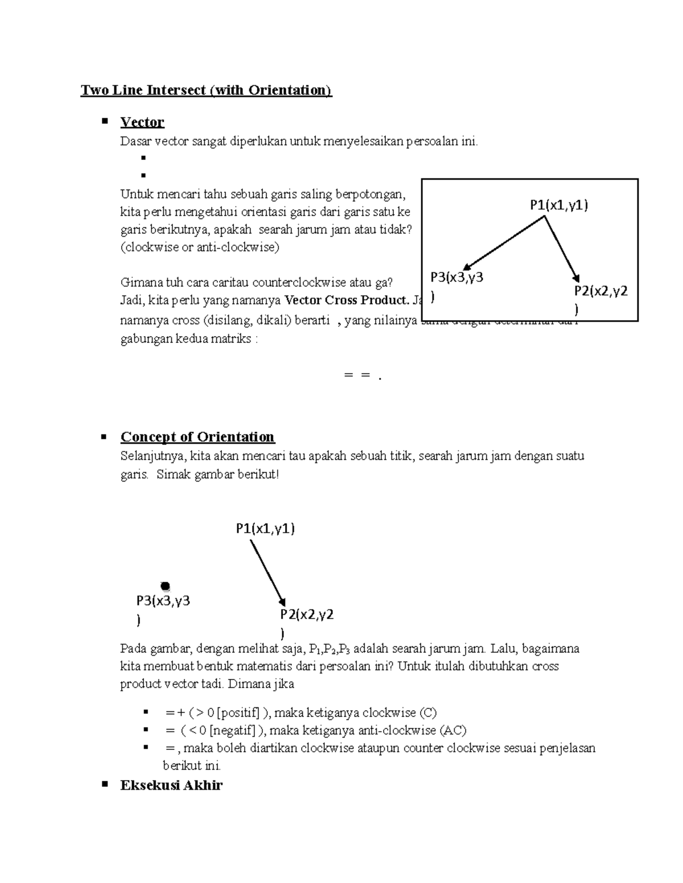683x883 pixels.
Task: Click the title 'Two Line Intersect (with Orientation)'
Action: pyautogui.click(x=206, y=90)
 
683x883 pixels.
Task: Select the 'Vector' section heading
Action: pyautogui.click(x=142, y=122)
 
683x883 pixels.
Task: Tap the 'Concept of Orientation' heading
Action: pyautogui.click(x=198, y=437)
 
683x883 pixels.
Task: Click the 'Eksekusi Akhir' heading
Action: pyautogui.click(x=171, y=785)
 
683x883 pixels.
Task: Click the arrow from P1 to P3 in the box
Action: pyautogui.click(x=504, y=244)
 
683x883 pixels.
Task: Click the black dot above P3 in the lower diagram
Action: pyautogui.click(x=165, y=586)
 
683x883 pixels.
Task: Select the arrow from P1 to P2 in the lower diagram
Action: pyautogui.click(x=267, y=573)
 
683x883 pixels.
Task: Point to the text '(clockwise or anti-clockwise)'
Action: pyautogui.click(x=200, y=247)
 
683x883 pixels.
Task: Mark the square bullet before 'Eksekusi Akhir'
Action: pyautogui.click(x=104, y=784)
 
